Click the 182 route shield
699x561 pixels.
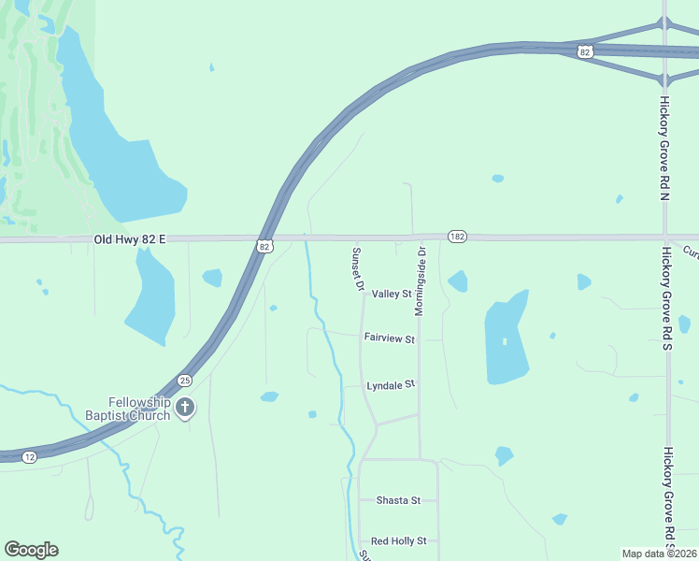tap(457, 237)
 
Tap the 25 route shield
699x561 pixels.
tap(185, 381)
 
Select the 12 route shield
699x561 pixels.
tap(30, 455)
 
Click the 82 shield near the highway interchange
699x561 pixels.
tap(585, 52)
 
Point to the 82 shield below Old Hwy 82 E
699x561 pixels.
tap(265, 246)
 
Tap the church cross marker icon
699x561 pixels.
tap(185, 407)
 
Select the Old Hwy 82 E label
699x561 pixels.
tap(130, 240)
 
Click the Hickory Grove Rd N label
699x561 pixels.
tap(665, 148)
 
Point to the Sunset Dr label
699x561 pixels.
tap(356, 269)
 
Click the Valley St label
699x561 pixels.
tap(392, 295)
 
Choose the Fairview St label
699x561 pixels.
tap(389, 338)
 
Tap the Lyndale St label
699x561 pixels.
tap(390, 384)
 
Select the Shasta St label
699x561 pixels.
tap(398, 500)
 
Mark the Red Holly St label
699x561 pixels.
tap(398, 541)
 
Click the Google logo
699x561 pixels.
tap(31, 550)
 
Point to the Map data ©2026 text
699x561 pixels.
tap(660, 554)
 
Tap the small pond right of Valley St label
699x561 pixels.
tap(457, 280)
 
